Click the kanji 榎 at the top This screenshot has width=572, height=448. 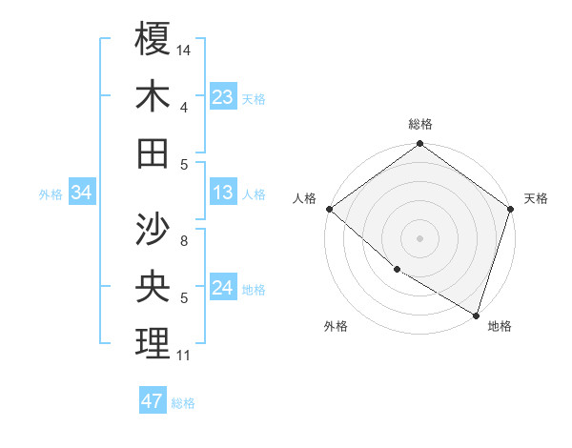[x=153, y=39]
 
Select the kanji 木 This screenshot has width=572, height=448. [x=153, y=96]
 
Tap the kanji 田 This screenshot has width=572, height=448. [x=153, y=153]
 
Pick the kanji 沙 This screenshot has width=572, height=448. [x=153, y=229]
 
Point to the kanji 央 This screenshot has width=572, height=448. [x=153, y=286]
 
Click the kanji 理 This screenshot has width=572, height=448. [x=153, y=343]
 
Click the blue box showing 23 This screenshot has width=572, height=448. [x=223, y=96]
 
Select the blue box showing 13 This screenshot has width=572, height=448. [x=223, y=193]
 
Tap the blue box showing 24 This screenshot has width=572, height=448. [x=223, y=289]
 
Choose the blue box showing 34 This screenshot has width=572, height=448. [x=82, y=193]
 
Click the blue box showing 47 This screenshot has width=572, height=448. [x=153, y=401]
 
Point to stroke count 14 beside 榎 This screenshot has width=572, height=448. [x=185, y=49]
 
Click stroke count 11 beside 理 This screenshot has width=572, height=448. [x=184, y=356]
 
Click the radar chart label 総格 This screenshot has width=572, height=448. [x=420, y=124]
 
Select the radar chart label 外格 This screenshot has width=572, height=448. [x=336, y=326]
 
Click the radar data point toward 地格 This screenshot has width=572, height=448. [x=476, y=315]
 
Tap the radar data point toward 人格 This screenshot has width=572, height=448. [x=329, y=209]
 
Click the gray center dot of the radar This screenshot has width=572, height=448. [x=420, y=238]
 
